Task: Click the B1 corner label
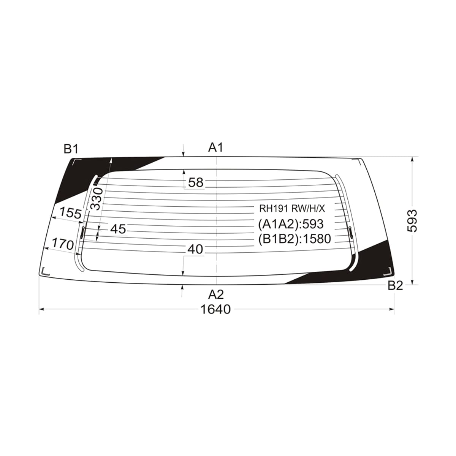[71, 149]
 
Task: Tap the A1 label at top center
[215, 148]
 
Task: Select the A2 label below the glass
[216, 294]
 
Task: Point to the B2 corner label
[395, 286]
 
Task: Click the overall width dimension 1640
[215, 309]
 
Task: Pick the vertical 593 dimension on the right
[412, 221]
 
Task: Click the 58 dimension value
[196, 182]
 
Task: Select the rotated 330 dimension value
[97, 199]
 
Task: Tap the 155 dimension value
[71, 213]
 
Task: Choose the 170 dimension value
[63, 244]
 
